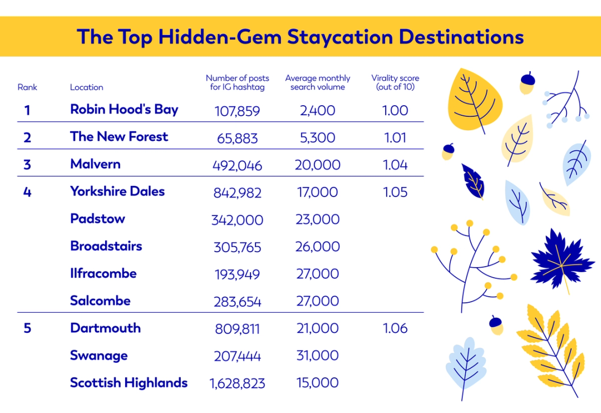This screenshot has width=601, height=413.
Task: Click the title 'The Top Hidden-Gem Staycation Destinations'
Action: tap(300, 37)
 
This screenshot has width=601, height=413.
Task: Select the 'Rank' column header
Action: tap(27, 87)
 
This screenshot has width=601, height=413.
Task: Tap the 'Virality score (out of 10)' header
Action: tap(395, 82)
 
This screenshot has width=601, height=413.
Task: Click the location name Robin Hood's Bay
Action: tap(124, 109)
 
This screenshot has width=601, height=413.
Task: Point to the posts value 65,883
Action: tap(237, 138)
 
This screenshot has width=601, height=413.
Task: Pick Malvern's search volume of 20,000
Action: tap(317, 165)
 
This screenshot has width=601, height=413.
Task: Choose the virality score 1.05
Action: tap(396, 193)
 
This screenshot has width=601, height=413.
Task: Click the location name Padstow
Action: tap(97, 219)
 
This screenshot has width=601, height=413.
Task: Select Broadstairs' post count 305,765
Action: tap(237, 247)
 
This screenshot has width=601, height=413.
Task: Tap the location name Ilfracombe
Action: tap(103, 273)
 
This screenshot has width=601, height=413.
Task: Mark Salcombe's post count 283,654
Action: tap(237, 302)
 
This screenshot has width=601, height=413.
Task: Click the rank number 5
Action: tap(27, 328)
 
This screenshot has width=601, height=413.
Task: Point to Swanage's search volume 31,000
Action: tap(317, 356)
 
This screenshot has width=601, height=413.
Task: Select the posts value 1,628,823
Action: tap(237, 383)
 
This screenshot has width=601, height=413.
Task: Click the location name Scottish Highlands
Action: tap(129, 383)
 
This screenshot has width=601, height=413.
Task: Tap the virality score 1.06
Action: tap(396, 328)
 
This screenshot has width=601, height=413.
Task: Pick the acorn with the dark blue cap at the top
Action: tap(526, 83)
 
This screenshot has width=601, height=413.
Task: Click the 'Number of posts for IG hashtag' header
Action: tap(237, 82)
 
